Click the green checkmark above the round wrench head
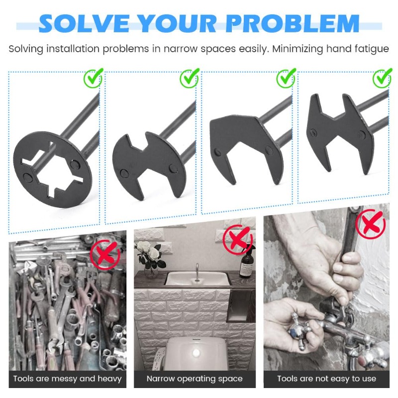pyautogui.click(x=93, y=78)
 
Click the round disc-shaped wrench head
pyautogui.click(x=53, y=169)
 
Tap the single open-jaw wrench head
pyautogui.click(x=246, y=149)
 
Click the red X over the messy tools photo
pyautogui.click(x=105, y=255)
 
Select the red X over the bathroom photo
pyautogui.click(x=238, y=240)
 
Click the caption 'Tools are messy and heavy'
pyautogui.click(x=67, y=379)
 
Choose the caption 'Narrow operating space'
pyautogui.click(x=195, y=379)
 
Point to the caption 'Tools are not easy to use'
pyautogui.click(x=327, y=379)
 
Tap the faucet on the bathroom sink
pyautogui.click(x=197, y=272)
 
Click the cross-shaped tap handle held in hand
pyautogui.click(x=299, y=329)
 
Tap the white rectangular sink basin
pyautogui.click(x=198, y=279)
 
